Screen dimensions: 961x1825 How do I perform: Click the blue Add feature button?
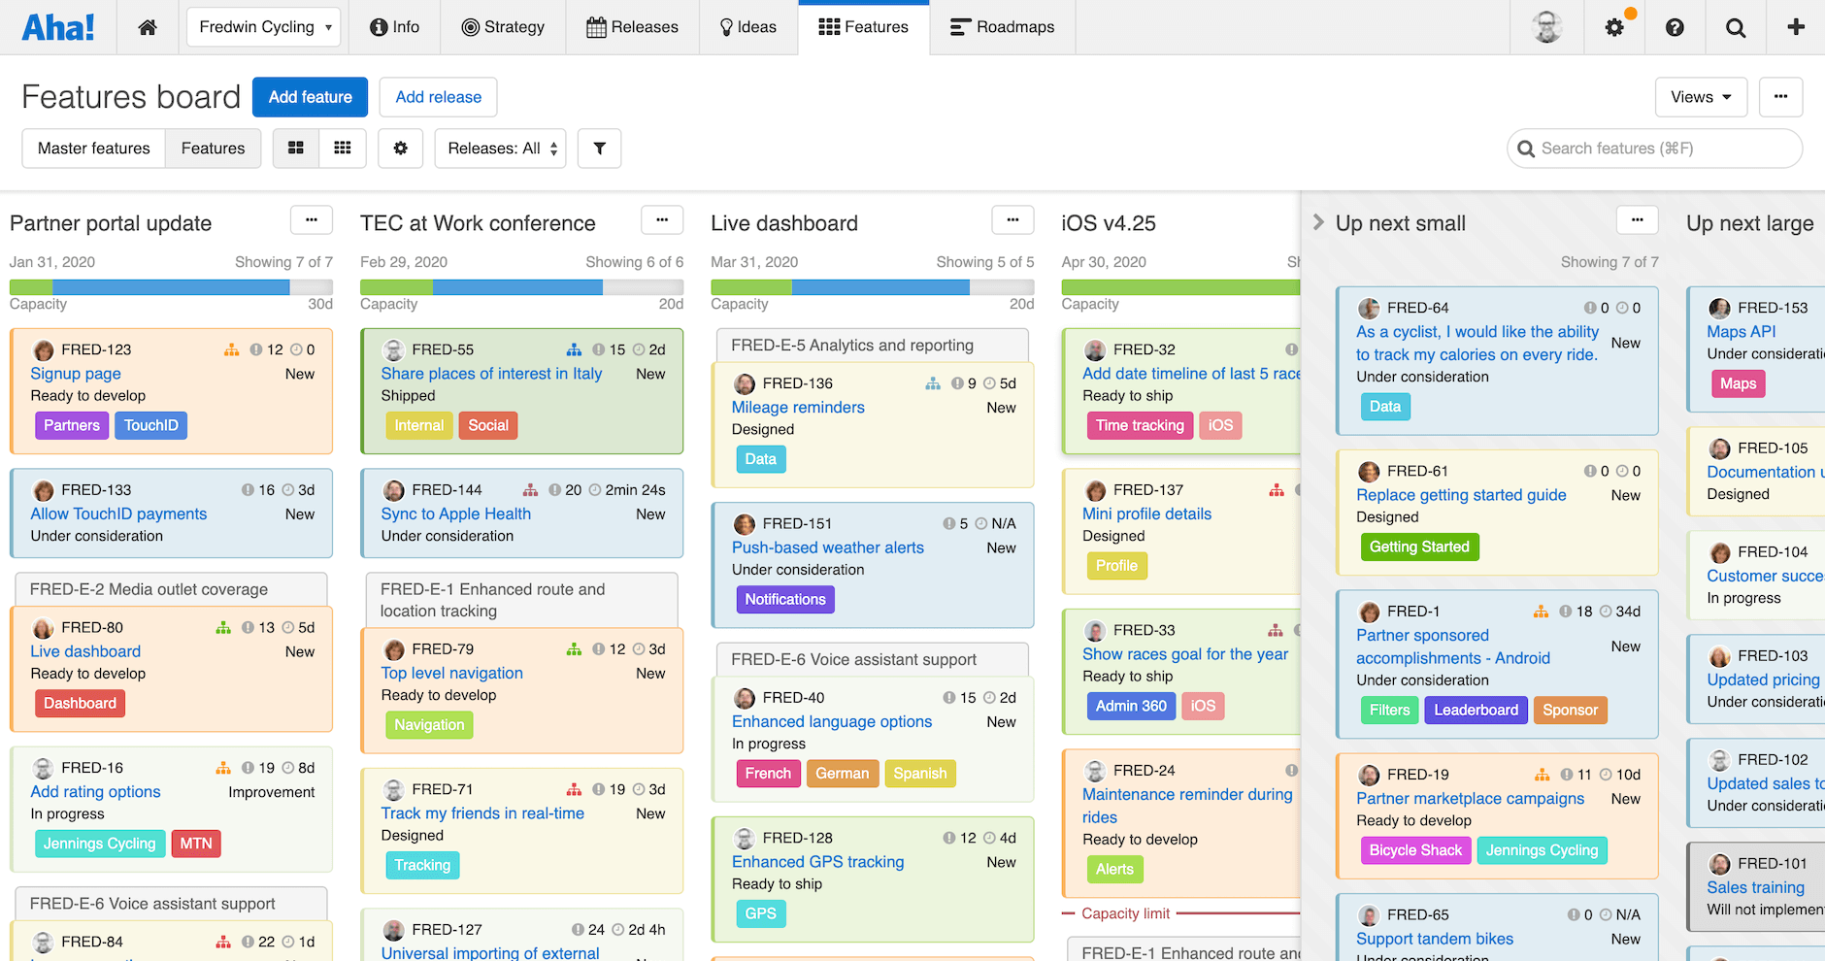[310, 97]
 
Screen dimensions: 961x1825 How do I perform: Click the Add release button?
[438, 97]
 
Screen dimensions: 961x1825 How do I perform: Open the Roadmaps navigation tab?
[1002, 27]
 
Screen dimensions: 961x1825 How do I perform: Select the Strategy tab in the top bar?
[503, 27]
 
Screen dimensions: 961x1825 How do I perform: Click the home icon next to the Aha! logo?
[148, 27]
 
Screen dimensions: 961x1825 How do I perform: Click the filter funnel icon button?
[599, 149]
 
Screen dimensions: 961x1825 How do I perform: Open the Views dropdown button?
[1700, 97]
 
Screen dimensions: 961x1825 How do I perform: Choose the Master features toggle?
[94, 149]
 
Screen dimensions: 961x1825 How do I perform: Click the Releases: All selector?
[501, 149]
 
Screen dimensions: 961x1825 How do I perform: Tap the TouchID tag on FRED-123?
[151, 425]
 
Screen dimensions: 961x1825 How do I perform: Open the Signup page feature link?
[76, 374]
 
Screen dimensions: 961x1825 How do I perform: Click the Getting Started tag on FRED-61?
[1419, 547]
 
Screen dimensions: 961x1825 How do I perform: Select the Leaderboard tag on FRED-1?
[1476, 710]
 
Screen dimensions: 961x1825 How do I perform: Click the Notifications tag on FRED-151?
[784, 599]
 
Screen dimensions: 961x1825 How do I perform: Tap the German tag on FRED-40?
[842, 773]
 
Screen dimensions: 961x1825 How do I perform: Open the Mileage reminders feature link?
[798, 408]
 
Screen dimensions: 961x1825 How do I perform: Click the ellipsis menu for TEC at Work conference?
[662, 220]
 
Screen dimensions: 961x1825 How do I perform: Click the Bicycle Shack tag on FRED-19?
[1415, 850]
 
